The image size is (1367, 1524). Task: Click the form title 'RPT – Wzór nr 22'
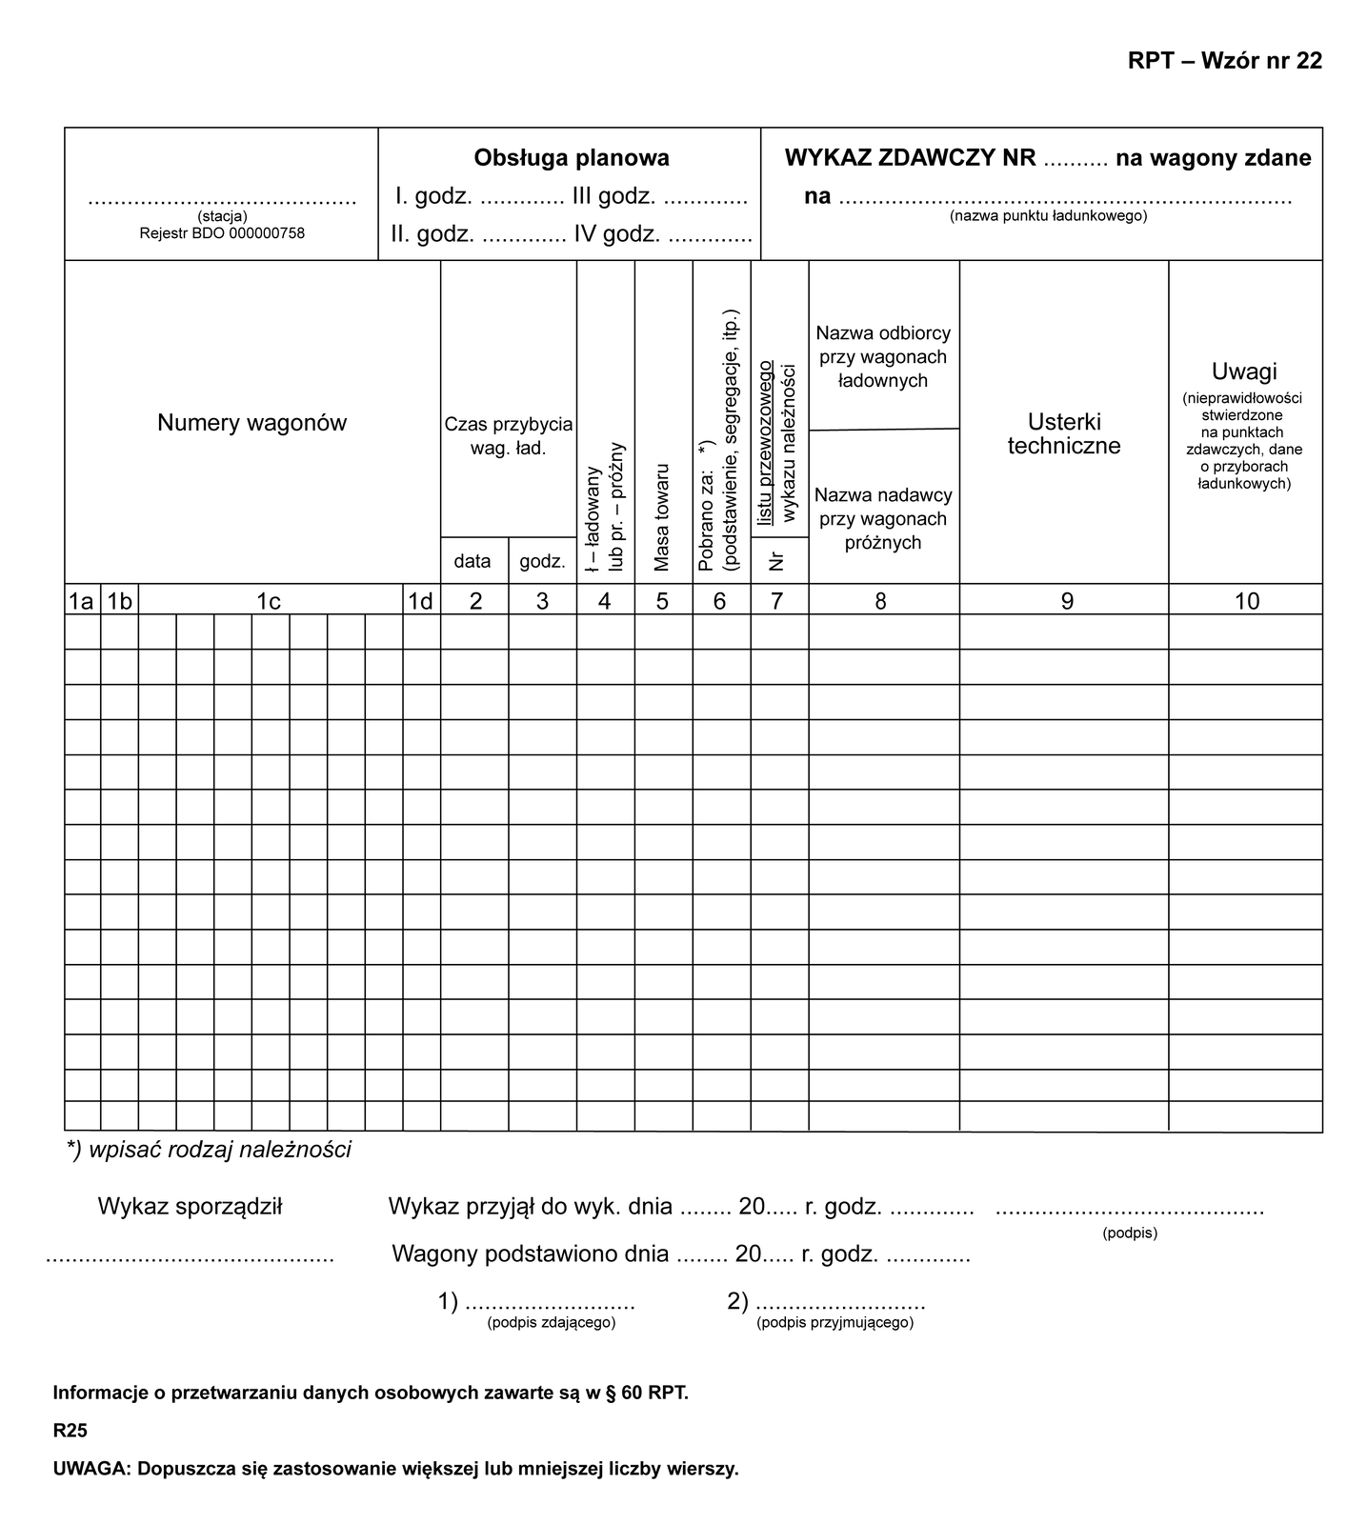point(1224,60)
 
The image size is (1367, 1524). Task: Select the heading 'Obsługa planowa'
point(572,158)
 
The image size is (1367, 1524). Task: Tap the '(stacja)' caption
point(222,216)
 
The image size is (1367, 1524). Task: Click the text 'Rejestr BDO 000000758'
point(222,232)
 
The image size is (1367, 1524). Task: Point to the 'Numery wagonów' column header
point(251,423)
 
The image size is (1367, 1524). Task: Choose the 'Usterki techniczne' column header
point(1064,433)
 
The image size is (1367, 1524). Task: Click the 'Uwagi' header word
point(1244,371)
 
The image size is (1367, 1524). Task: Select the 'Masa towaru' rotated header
point(663,517)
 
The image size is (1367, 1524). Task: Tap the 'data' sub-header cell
point(472,561)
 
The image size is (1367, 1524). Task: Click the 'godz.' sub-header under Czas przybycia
point(542,561)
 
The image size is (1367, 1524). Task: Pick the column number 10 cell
point(1246,601)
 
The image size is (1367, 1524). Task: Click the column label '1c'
point(270,601)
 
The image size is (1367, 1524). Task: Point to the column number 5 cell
point(663,601)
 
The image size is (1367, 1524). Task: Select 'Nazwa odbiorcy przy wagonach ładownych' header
point(883,357)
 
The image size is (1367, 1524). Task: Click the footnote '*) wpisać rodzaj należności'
point(209,1150)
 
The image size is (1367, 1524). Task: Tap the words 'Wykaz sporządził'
point(190,1207)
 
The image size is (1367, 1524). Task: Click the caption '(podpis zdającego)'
point(551,1323)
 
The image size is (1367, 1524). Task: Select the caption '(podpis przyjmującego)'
point(834,1323)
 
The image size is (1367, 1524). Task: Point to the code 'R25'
point(70,1431)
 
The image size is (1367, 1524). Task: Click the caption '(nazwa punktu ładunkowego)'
point(1048,216)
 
